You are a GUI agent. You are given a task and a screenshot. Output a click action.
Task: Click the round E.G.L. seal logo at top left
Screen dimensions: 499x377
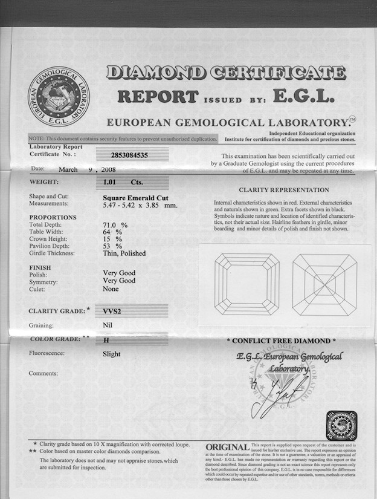(x=59, y=96)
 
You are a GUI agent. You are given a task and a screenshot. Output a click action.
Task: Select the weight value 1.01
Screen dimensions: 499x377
(x=109, y=181)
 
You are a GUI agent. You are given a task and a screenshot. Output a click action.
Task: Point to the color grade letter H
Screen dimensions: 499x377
(x=106, y=341)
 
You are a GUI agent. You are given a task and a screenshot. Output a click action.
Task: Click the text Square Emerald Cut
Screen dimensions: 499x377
(x=135, y=197)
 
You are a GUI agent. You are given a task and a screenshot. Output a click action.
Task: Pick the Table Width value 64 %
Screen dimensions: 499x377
(x=112, y=232)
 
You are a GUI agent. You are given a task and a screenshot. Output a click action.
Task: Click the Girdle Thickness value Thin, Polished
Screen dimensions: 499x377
(x=124, y=253)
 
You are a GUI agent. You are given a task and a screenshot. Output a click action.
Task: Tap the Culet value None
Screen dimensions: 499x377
(x=111, y=289)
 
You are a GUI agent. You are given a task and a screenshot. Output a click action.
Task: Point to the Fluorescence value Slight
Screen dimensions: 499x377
(x=112, y=354)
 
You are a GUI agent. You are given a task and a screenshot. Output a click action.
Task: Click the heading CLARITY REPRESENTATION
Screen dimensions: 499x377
(x=284, y=190)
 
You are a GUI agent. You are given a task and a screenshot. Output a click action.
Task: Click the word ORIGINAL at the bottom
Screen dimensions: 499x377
(x=227, y=448)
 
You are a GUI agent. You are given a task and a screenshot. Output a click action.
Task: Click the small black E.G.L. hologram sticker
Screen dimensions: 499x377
(x=341, y=426)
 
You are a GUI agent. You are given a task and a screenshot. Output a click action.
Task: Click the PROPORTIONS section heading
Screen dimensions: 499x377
(x=53, y=217)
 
